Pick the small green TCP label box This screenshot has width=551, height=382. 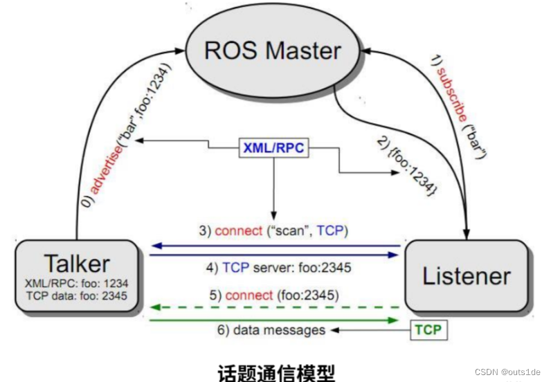coord(427,331)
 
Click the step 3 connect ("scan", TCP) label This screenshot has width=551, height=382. coord(276,230)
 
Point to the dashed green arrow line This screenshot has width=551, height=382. coord(276,307)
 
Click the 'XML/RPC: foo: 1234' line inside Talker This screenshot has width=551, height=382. coord(76,283)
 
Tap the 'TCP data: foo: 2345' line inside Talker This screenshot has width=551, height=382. coord(76,295)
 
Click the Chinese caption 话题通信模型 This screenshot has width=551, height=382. coord(275,372)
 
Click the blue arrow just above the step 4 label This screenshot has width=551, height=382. coord(276,255)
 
